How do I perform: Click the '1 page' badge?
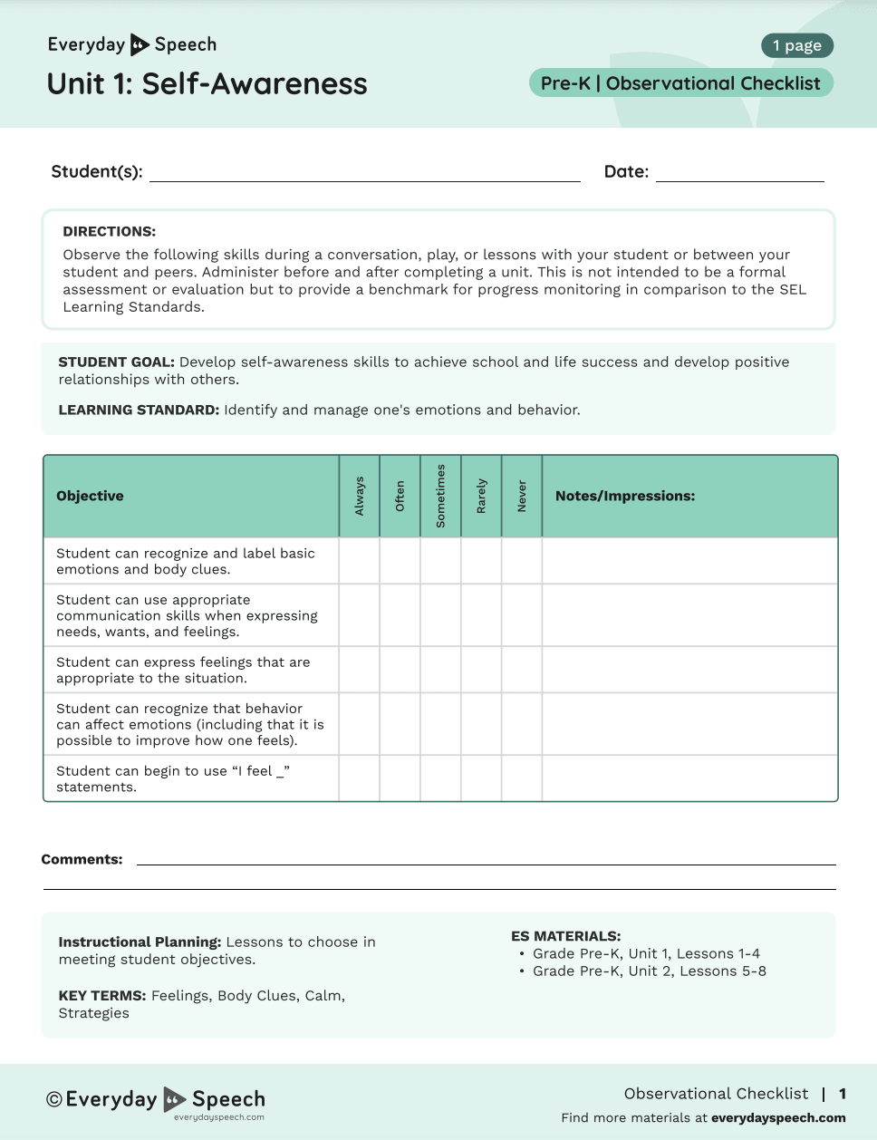[x=796, y=45]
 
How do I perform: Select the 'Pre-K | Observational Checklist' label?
[x=680, y=83]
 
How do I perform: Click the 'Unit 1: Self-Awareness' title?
[x=207, y=84]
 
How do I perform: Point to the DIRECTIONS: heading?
[x=109, y=232]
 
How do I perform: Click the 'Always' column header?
[x=360, y=497]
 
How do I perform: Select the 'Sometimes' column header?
[x=441, y=497]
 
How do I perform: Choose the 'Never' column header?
[x=522, y=497]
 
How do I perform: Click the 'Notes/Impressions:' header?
[x=625, y=497]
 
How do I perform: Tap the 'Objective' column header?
[x=90, y=497]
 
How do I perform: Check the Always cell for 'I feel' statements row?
[x=360, y=778]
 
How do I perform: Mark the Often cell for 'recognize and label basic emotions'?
[x=400, y=561]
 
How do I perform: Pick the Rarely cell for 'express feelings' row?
[x=481, y=670]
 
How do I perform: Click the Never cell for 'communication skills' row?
[x=522, y=615]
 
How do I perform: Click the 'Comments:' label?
[x=82, y=860]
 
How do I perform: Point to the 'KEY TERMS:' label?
[x=101, y=996]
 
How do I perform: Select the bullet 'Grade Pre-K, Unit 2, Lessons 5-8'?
[x=649, y=971]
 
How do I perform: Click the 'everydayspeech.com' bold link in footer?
[x=778, y=1118]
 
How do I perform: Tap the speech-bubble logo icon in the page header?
[x=140, y=44]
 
